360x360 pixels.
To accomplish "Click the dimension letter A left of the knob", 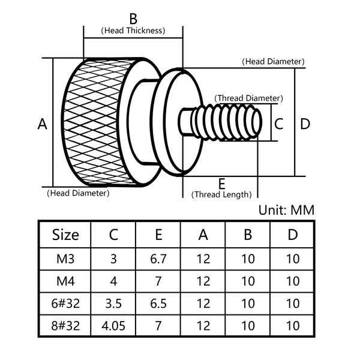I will point(42,124).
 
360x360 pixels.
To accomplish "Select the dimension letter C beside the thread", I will point(278,124).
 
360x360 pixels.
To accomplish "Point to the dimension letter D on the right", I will point(305,124).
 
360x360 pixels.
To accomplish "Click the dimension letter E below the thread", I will point(221,183).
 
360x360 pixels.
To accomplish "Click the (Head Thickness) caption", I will point(133,30).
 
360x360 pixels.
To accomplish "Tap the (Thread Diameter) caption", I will point(248,98).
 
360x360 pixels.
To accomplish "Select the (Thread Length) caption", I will point(221,194).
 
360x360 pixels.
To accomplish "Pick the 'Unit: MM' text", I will point(286,210).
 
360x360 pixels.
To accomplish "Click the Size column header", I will point(65,234).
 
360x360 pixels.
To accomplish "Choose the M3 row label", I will point(65,259).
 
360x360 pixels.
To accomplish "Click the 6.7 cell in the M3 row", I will point(158,259).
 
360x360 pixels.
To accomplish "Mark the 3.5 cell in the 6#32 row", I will point(113,304).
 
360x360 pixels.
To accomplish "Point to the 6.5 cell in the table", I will point(158,304).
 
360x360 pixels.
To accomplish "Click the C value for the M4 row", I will point(113,281).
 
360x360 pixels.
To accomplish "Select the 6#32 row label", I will point(65,304).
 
